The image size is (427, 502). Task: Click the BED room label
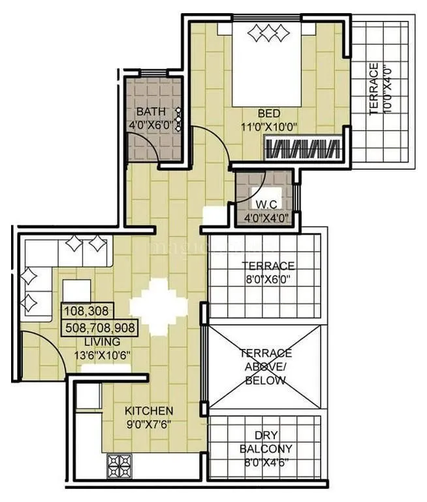(268, 114)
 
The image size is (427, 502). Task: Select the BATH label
(151, 110)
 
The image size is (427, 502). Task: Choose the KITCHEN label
(149, 410)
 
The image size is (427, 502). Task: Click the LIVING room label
(101, 342)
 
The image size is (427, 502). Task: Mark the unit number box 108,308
(87, 310)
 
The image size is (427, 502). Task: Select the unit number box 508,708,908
(101, 327)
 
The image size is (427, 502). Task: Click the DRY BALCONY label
(265, 443)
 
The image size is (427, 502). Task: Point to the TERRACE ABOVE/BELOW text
(265, 367)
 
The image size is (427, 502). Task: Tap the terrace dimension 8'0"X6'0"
(268, 279)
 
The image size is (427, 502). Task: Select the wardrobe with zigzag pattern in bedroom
(303, 148)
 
